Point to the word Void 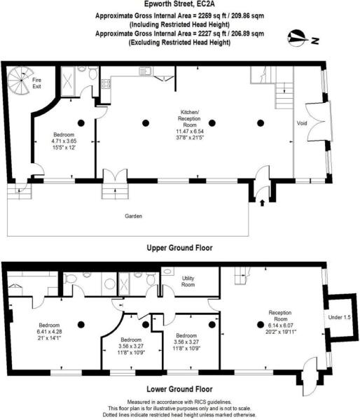click(x=302, y=123)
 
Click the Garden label click(x=133, y=216)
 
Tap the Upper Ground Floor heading click(x=179, y=248)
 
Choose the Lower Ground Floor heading click(x=179, y=388)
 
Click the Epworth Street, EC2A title click(x=179, y=5)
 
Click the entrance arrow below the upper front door click(x=263, y=202)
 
